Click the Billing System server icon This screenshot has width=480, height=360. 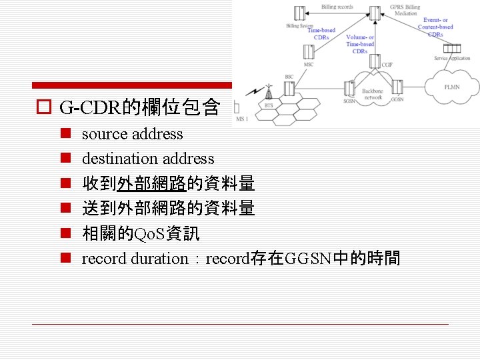(x=299, y=13)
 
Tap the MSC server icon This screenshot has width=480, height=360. (x=309, y=52)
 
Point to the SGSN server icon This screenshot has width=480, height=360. (x=349, y=88)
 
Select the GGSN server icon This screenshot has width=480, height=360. (x=397, y=87)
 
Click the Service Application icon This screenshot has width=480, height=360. (x=452, y=48)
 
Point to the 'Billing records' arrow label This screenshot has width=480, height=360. (x=337, y=7)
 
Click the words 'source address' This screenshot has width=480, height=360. (x=132, y=134)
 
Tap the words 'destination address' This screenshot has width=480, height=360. (x=148, y=159)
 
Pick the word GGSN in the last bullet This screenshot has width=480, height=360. (x=307, y=259)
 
